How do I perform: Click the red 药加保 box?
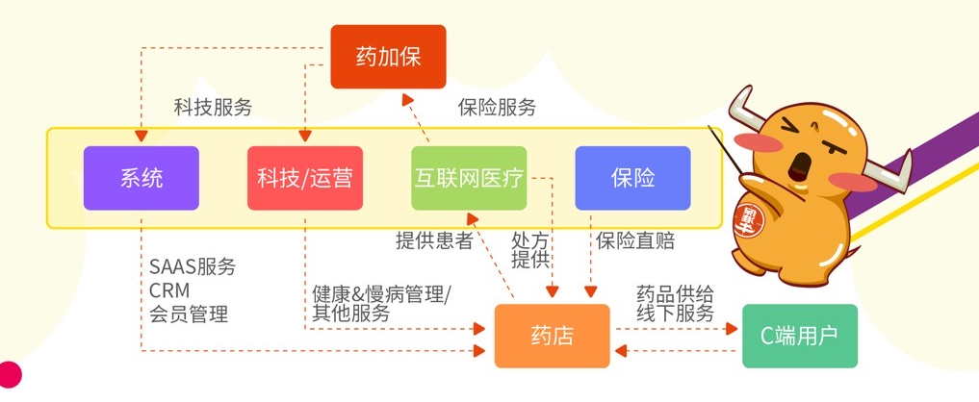click(389, 57)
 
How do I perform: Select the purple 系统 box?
click(142, 178)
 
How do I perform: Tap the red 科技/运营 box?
click(305, 178)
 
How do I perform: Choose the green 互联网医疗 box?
click(469, 178)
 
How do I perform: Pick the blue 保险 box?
click(632, 178)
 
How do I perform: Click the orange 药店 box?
click(552, 336)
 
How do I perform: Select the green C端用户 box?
click(799, 336)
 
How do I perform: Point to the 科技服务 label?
click(213, 108)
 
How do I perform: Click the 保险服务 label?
click(497, 108)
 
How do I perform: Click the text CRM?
click(169, 289)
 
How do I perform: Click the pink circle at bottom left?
click(9, 374)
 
